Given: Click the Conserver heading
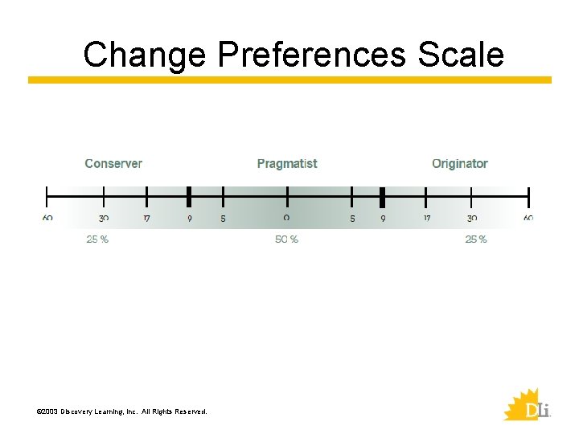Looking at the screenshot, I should point(113,163).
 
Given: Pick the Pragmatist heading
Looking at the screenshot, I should point(287,163).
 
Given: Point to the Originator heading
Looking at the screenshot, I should point(459,163).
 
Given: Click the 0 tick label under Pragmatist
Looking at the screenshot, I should point(286,218).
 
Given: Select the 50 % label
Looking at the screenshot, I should point(286,240).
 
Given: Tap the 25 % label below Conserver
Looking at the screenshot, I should point(97,240).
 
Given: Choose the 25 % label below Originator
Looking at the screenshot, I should point(475,240).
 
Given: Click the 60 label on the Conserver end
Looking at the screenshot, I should point(47,218).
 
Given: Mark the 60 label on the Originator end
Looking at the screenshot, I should point(528,218).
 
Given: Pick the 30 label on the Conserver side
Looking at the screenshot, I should point(104,218).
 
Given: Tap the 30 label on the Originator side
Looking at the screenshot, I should point(471,218).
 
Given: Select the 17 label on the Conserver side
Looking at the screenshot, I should point(146,218).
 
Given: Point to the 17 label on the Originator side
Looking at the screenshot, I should point(426,218).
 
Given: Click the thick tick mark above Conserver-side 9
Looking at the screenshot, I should point(189,196).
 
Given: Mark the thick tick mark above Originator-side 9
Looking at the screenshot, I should point(382,196).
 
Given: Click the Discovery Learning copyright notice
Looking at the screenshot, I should point(121,411).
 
